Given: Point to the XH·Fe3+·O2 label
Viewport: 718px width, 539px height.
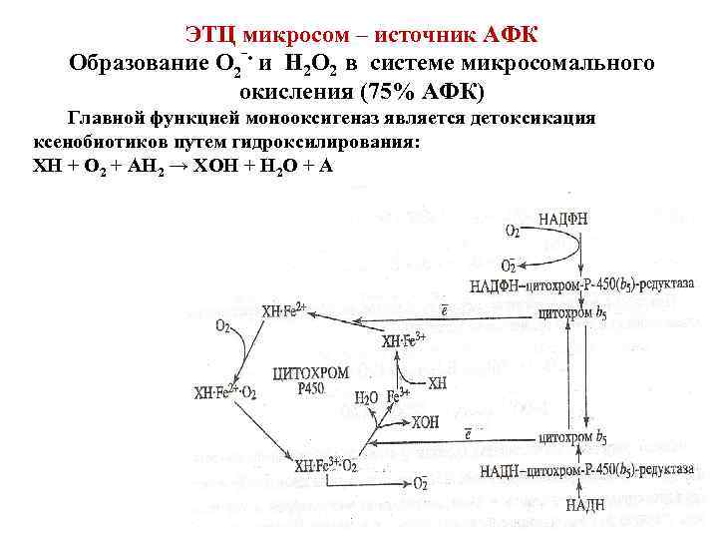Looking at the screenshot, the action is point(326,465).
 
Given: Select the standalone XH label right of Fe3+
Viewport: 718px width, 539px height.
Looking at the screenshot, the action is point(437,383).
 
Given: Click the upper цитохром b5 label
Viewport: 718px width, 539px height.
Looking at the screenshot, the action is point(572,312).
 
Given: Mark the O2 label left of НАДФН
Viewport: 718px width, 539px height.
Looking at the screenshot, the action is point(512,232).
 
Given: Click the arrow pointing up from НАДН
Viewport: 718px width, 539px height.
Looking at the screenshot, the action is point(584,487).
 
